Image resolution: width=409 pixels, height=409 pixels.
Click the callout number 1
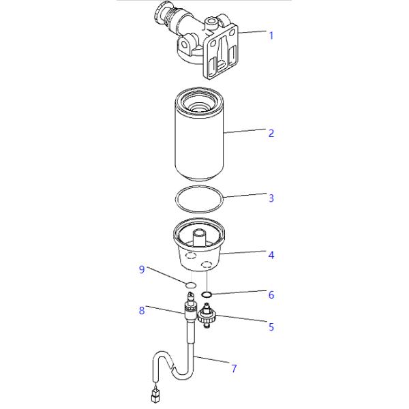[271, 35]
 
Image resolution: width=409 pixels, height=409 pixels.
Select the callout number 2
[271, 133]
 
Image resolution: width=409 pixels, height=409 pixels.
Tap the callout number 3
[271, 198]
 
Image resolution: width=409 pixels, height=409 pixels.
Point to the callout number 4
[271, 255]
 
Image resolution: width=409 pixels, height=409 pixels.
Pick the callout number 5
[271, 327]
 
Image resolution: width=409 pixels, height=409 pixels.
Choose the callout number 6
[271, 295]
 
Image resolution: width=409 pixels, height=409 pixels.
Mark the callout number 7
[234, 369]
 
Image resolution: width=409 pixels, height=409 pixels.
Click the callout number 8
[142, 310]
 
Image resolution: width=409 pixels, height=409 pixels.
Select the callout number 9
[142, 269]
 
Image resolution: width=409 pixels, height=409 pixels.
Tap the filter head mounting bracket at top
[222, 51]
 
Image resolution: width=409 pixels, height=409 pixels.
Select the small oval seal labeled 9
[192, 284]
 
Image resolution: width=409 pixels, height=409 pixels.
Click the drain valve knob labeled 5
[206, 316]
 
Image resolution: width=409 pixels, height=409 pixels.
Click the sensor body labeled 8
[188, 310]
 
